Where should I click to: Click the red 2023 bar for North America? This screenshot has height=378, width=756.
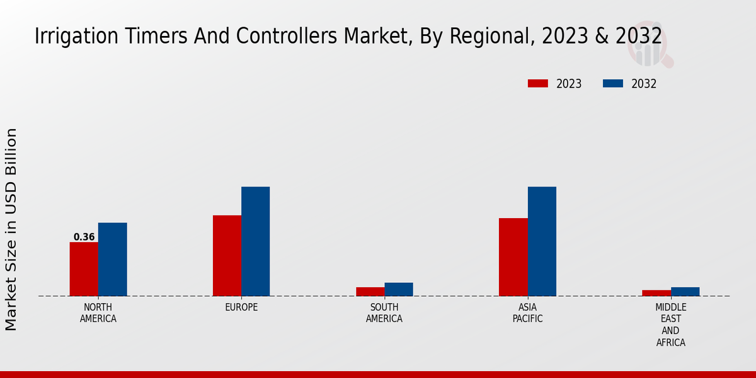coord(84,269)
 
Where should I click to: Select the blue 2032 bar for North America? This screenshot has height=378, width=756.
coord(112,260)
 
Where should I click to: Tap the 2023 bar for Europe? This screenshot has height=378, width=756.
coord(227,256)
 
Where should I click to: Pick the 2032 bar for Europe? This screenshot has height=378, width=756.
coord(255,241)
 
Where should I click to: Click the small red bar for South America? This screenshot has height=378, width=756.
coord(370,292)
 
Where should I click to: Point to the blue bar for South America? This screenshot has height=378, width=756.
coord(399,289)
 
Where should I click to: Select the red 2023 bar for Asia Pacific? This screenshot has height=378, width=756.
coord(513,257)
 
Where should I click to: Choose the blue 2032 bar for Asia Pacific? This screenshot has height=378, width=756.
coord(542,241)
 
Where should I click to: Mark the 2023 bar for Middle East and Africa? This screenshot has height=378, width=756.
coord(656,293)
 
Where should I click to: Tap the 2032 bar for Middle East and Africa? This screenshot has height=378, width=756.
coord(685,292)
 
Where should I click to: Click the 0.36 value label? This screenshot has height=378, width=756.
coord(84,238)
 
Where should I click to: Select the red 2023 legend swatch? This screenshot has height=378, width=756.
coord(537,84)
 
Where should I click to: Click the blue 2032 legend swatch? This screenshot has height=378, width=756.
coord(613,84)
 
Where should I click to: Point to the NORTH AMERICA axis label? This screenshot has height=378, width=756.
coord(98,313)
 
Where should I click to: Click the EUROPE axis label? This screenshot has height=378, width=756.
coord(241,307)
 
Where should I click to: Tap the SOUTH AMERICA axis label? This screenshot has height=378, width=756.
coord(384,313)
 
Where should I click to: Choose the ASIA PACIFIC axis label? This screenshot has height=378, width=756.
coord(528,313)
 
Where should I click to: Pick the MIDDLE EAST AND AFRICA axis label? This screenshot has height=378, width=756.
coord(670,325)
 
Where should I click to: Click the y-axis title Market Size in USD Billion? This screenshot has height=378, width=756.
coord(11,229)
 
